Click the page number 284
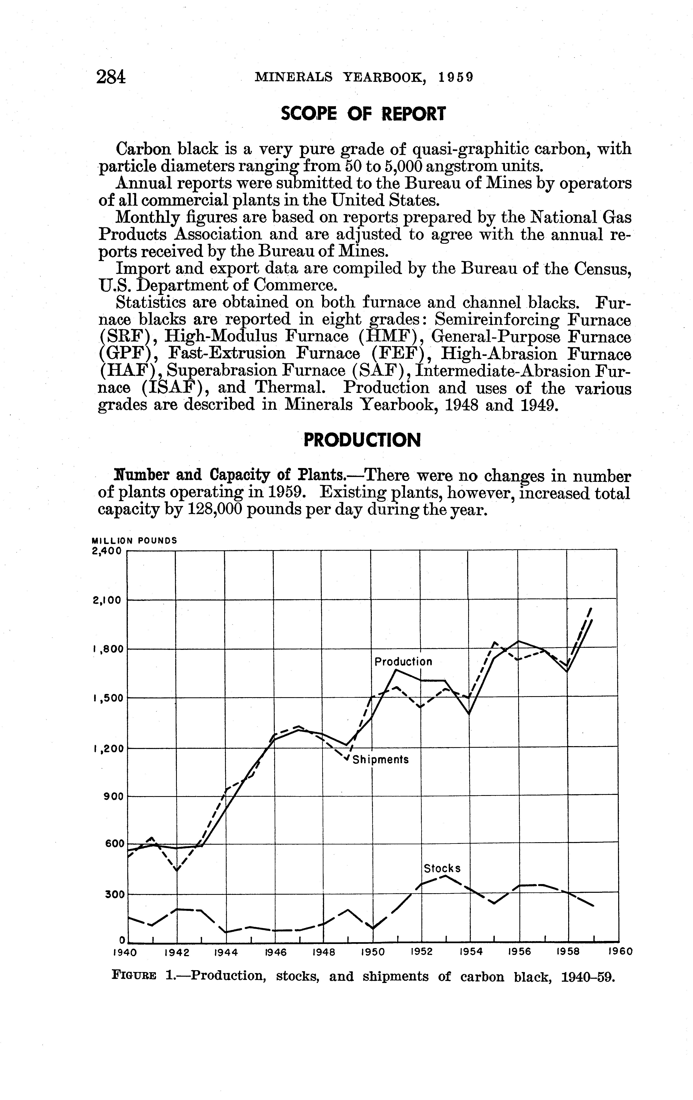click(111, 77)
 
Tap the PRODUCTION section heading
click(362, 440)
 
